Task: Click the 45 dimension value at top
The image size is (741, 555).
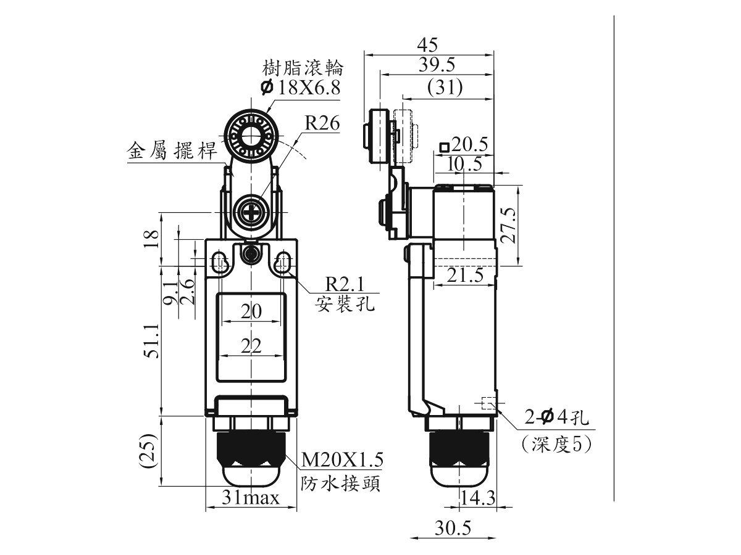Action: coord(427,44)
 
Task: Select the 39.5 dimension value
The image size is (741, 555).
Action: coord(437,64)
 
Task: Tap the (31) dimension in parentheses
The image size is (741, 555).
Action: coord(445,88)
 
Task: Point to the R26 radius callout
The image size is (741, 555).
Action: coord(322,123)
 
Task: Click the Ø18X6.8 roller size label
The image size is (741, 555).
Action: coord(301,88)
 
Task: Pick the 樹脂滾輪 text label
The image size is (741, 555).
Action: coord(303,68)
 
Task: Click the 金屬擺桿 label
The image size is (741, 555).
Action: coord(172,150)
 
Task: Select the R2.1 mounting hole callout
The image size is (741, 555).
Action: coord(345,284)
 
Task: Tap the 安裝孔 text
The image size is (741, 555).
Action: coord(345,303)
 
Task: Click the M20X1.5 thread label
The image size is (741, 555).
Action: coord(342,459)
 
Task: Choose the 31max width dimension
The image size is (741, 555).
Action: coord(251,498)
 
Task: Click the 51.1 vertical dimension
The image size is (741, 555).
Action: coord(151,342)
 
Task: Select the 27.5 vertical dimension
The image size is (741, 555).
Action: coord(508,225)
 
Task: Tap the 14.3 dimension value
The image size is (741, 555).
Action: coord(478,498)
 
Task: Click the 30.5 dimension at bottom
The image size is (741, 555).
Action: coord(453,528)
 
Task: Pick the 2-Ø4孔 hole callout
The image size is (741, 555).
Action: coord(556,418)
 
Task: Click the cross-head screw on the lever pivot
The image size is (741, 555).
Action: coord(251,213)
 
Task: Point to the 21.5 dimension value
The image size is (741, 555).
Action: coord(465,275)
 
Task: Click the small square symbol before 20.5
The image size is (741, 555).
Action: coord(444,147)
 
